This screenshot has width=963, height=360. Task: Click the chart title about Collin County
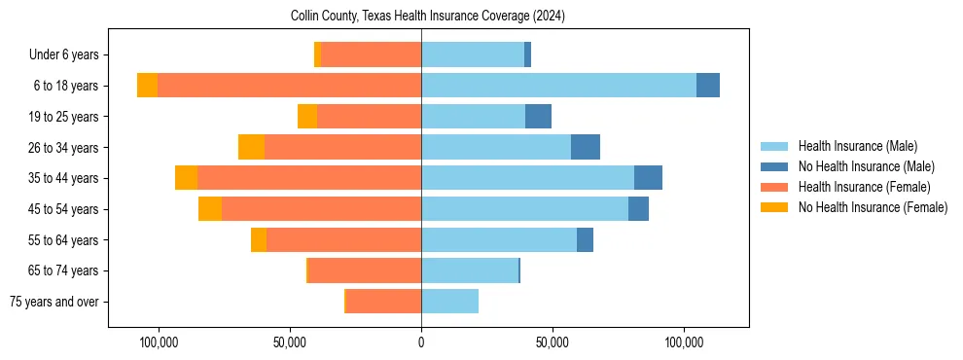pos(428,17)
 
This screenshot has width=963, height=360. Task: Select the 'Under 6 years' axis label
pos(69,54)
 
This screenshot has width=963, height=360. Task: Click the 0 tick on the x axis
pos(421,342)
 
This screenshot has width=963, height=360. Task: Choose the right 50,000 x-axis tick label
pos(553,342)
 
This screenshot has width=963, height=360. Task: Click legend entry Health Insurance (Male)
pos(857,146)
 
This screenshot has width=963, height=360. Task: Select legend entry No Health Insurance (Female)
pos(873,207)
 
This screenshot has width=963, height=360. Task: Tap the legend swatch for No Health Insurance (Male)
pos(775,166)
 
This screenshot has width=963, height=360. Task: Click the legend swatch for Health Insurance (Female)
pos(775,187)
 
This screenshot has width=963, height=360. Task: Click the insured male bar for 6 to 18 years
pos(558,86)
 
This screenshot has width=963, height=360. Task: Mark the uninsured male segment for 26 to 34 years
pos(586,147)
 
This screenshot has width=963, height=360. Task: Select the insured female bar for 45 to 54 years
pos(321,209)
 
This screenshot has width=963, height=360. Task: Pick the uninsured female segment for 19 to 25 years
pos(307,117)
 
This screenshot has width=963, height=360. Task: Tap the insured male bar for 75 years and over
pos(449,302)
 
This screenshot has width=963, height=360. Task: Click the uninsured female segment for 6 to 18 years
pos(147,86)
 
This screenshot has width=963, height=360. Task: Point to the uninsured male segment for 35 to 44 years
pos(648,178)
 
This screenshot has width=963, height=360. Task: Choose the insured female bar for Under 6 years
pos(371,54)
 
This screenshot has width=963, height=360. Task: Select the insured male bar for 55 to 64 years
pos(499,240)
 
